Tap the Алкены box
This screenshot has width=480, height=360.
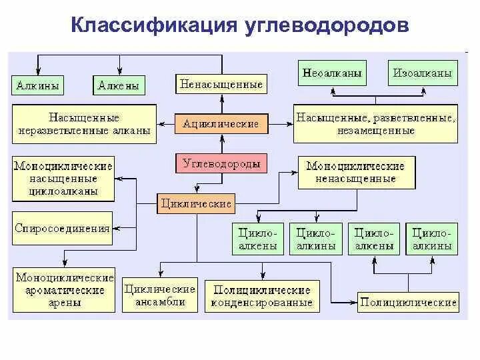[119, 85]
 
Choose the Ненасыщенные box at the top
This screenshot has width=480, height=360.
[221, 84]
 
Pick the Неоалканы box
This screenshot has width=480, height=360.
[332, 73]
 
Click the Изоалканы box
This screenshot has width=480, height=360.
[423, 73]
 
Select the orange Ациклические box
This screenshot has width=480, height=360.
[221, 123]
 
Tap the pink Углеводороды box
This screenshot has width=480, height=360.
[221, 163]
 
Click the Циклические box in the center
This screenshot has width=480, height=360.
[196, 203]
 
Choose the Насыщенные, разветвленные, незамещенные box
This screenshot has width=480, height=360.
[375, 124]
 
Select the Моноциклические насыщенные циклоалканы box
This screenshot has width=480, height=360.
[63, 177]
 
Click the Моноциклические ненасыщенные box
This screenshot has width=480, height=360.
[355, 172]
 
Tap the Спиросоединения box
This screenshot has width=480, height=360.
[62, 228]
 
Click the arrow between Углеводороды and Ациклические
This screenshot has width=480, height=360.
[221, 143]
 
